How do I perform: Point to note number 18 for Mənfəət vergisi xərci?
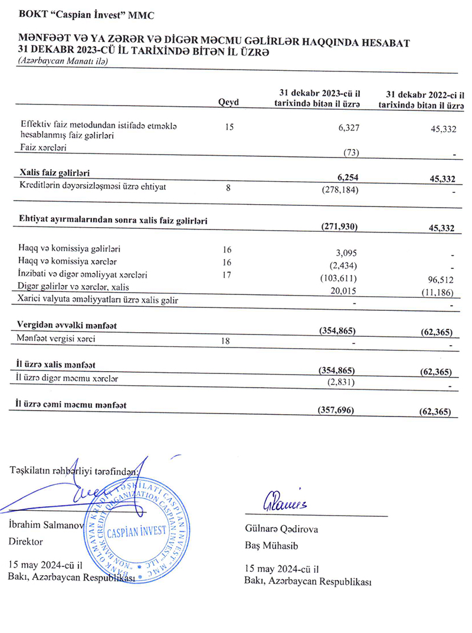[229, 340]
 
